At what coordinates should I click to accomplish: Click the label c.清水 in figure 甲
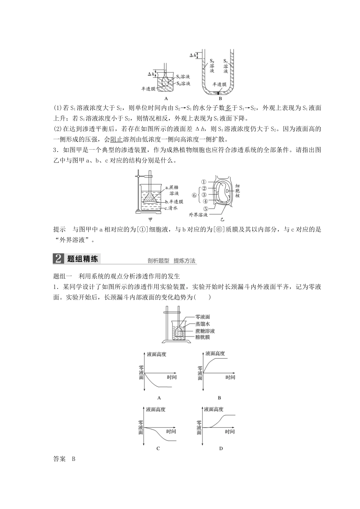(x=171, y=208)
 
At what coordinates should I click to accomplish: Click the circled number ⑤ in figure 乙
(x=206, y=208)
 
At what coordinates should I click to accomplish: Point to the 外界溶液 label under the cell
(x=199, y=214)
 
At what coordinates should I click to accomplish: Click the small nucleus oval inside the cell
(x=227, y=191)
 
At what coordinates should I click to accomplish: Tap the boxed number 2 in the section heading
(x=58, y=259)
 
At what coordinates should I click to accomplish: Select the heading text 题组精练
(x=82, y=259)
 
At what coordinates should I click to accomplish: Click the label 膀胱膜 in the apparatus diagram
(x=203, y=337)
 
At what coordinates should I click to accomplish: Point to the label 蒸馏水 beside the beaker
(x=202, y=324)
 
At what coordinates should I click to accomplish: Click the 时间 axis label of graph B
(x=230, y=377)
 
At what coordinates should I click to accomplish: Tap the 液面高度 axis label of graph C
(x=156, y=409)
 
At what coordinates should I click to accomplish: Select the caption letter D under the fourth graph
(x=221, y=448)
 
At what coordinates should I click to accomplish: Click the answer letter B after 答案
(x=74, y=459)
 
